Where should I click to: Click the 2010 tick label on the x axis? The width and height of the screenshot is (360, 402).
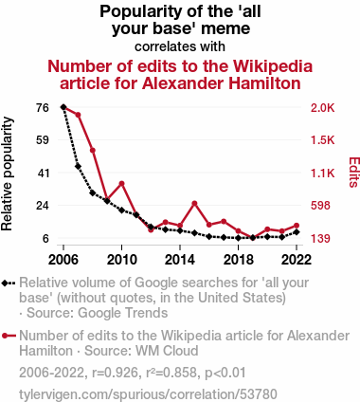tap(121, 260)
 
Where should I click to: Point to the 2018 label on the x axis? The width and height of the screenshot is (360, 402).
tap(239, 260)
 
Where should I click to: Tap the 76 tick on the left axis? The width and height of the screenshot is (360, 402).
tap(43, 108)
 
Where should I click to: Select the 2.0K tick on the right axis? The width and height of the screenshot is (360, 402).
tap(322, 108)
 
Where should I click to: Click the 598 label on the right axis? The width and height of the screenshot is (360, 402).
tap(320, 206)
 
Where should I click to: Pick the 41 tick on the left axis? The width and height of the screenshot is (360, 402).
tap(43, 174)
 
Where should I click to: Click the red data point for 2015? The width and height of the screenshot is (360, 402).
tap(194, 203)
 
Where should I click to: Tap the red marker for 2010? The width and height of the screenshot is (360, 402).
tap(121, 183)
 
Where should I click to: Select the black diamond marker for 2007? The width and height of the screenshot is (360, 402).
tap(78, 166)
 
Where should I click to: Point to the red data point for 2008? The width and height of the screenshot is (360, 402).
tap(93, 150)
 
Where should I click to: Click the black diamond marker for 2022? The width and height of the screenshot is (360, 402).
tap(297, 232)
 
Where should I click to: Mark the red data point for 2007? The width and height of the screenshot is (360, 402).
tap(78, 115)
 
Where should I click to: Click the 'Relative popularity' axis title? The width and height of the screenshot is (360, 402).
tap(7, 174)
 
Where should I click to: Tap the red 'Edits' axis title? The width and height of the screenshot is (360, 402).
tap(353, 173)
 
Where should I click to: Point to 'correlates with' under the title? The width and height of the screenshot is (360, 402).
tap(180, 46)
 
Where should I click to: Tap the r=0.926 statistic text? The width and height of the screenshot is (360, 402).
tap(115, 373)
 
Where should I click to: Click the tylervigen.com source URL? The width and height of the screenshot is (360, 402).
tap(148, 394)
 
